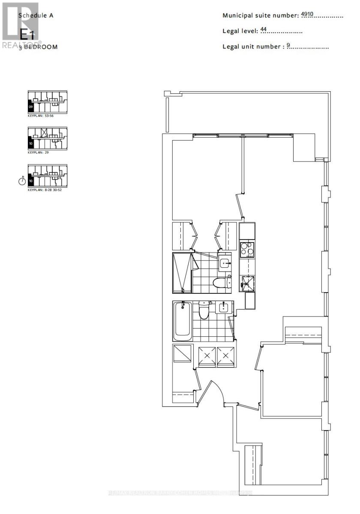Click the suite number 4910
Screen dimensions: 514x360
(x=308, y=15)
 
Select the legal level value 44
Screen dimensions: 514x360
(x=264, y=30)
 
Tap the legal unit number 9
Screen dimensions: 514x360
(x=288, y=45)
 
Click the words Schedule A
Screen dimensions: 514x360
(x=36, y=15)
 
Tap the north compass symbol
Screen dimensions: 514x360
(x=22, y=181)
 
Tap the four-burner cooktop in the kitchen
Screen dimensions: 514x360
(x=247, y=249)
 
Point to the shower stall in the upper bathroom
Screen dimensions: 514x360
(x=182, y=272)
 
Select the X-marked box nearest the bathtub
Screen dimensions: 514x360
(x=207, y=357)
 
